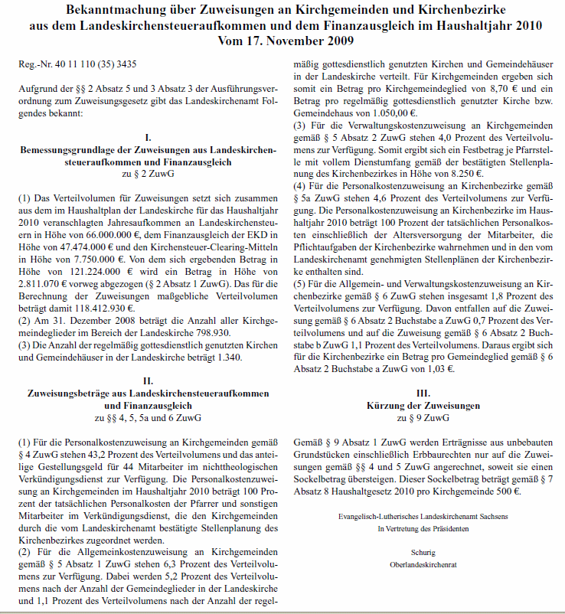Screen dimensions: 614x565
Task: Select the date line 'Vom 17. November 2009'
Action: (x=282, y=40)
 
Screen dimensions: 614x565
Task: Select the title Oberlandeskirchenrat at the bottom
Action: (x=423, y=564)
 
